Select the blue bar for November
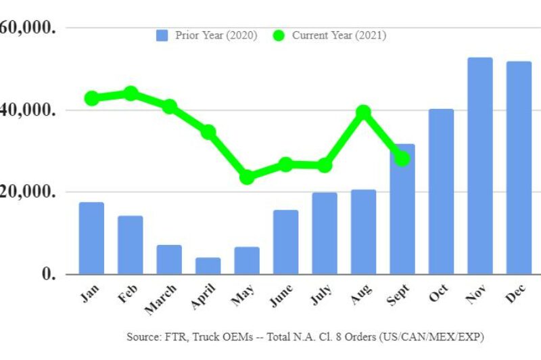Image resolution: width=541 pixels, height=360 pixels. (480, 166)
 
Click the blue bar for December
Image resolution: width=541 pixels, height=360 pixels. (519, 168)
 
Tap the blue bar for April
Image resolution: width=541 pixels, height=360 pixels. (208, 266)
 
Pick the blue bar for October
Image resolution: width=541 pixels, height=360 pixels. (441, 192)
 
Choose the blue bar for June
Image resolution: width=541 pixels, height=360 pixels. (285, 242)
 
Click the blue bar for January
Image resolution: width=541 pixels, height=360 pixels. (91, 238)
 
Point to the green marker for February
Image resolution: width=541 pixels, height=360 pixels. (131, 93)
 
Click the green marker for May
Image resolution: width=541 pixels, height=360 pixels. (247, 177)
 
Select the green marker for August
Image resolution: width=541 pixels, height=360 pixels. (364, 112)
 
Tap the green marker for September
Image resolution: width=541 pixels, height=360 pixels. (402, 158)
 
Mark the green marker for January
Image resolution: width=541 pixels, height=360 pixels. (91, 98)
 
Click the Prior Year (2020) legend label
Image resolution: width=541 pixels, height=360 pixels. (216, 35)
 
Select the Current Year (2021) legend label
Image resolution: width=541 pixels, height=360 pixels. (339, 35)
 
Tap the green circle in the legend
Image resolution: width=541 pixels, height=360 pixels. (279, 35)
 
